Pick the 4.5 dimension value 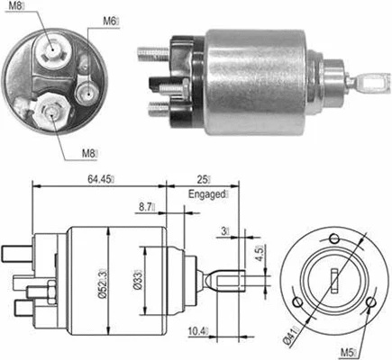pyautogui.click(x=260, y=255)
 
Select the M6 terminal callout pyautogui.click(x=109, y=20)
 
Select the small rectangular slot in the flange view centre pyautogui.click(x=334, y=276)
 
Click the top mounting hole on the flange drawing pyautogui.click(x=335, y=237)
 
